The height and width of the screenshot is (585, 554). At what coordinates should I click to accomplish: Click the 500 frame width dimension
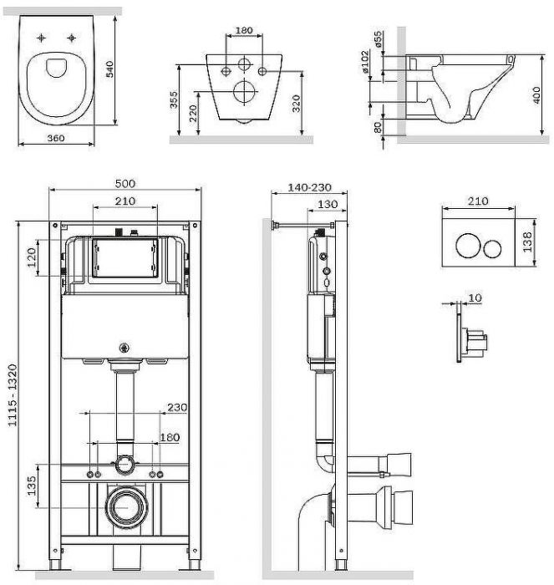click(x=125, y=184)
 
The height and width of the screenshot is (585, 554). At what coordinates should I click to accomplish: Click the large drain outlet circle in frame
click(x=125, y=505)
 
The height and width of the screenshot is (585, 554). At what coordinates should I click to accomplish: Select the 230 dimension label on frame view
click(x=176, y=407)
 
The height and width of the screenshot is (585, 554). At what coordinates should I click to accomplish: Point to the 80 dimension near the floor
click(x=377, y=126)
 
